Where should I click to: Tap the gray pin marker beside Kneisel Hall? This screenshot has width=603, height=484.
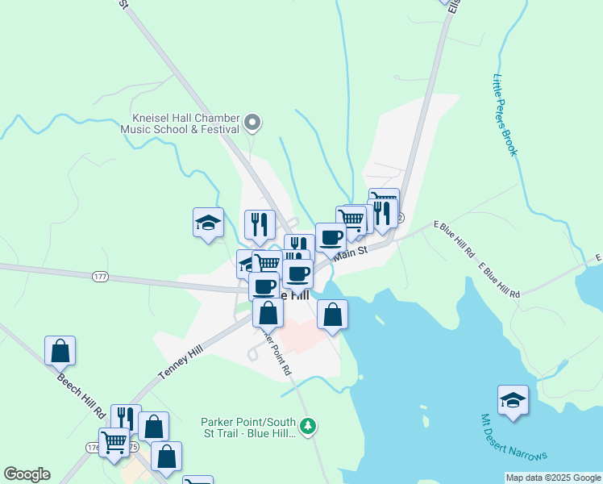[x=252, y=123]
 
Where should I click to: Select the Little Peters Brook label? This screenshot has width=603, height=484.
[x=503, y=115]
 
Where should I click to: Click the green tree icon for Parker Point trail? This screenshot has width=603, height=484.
[x=307, y=425]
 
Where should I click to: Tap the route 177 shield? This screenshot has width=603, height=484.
[x=100, y=277]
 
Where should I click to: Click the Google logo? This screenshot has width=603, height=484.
[x=27, y=474]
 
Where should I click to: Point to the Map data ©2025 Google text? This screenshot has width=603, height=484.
[x=552, y=478]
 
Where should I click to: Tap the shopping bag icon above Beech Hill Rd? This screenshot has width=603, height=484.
[x=60, y=350]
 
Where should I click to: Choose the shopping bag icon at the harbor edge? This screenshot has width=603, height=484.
[x=332, y=314]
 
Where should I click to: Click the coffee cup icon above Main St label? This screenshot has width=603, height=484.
[x=330, y=237]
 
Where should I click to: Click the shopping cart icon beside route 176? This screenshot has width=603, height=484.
[x=114, y=441]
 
